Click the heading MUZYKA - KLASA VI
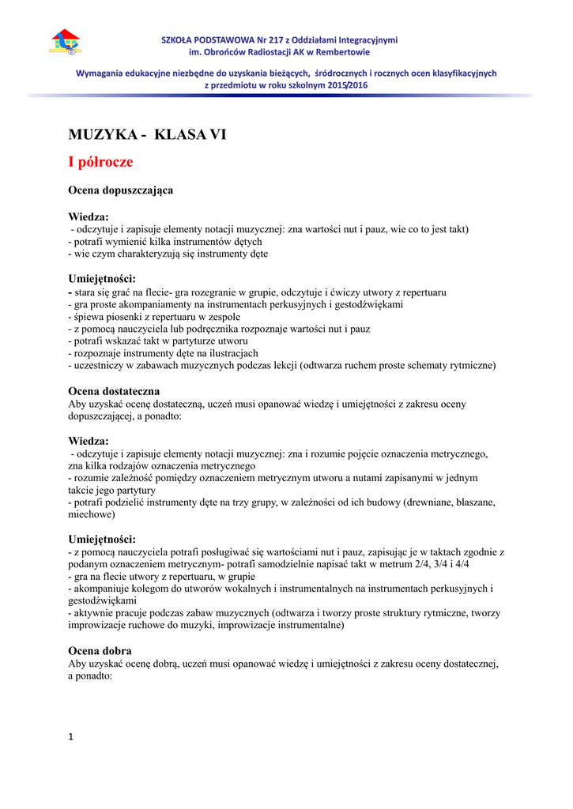[148, 134]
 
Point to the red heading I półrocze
[100, 162]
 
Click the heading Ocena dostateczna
[114, 391]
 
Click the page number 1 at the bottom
[70, 737]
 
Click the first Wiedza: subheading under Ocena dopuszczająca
[89, 216]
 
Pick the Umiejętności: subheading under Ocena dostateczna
[102, 539]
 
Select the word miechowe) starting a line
[92, 514]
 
